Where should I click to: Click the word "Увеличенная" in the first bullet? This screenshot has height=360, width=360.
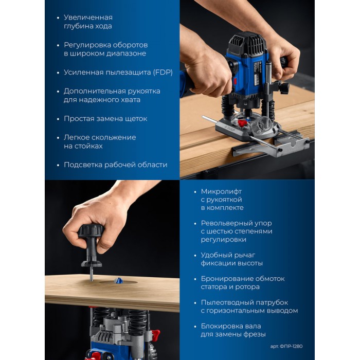tap(88, 17)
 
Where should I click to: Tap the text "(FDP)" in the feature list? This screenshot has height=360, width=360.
tap(163, 73)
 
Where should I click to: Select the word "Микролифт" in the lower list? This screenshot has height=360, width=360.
tap(221, 191)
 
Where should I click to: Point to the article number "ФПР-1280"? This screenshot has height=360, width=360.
tap(291, 346)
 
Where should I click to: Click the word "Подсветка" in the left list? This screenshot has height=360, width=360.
tap(83, 165)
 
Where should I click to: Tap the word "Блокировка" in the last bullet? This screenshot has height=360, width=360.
tap(221, 326)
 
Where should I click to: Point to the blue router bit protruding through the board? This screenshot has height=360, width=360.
tap(118, 281)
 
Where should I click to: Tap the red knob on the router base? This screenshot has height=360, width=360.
tap(242, 123)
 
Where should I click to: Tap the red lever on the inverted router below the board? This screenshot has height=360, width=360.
tap(156, 334)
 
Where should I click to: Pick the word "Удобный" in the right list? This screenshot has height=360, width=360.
tap(215, 255)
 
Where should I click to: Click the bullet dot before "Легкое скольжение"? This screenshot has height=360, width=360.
tap(58, 138)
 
